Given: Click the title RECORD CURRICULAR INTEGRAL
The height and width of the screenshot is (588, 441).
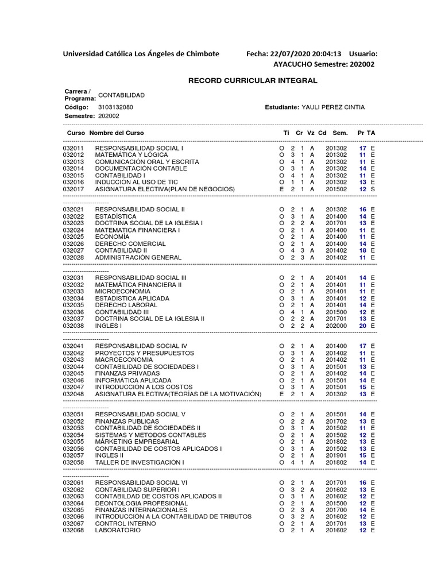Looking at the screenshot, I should pyautogui.click(x=253, y=80).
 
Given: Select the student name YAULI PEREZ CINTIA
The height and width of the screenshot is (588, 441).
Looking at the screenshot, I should pyautogui.click(x=333, y=107).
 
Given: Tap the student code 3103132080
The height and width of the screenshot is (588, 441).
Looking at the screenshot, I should pyautogui.click(x=115, y=107).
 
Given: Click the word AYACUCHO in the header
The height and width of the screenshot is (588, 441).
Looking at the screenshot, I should pyautogui.click(x=293, y=64).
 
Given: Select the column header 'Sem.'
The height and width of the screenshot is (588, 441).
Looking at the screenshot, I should pyautogui.click(x=340, y=133).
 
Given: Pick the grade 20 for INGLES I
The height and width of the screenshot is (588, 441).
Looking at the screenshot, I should pyautogui.click(x=362, y=326).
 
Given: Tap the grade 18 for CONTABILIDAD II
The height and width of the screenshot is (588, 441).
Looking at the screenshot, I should pyautogui.click(x=362, y=250).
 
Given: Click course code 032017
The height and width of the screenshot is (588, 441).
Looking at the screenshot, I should pyautogui.click(x=73, y=189).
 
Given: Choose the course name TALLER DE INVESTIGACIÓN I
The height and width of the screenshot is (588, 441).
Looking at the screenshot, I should pyautogui.click(x=140, y=462).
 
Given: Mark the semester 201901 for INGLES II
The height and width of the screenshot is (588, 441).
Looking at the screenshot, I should pyautogui.click(x=336, y=455).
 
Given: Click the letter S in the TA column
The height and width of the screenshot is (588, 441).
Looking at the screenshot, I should pyautogui.click(x=373, y=189).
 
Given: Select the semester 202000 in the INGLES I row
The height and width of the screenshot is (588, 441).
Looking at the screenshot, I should pyautogui.click(x=336, y=326).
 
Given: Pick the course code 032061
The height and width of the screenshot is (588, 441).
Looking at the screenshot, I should pyautogui.click(x=73, y=482).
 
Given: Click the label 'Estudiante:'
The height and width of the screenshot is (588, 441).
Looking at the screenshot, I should pyautogui.click(x=282, y=107).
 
